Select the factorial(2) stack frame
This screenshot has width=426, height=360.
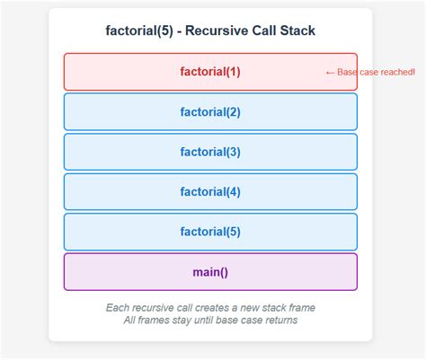coord(210,112)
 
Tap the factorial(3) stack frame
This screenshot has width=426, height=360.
coord(210,152)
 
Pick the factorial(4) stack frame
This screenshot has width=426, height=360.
coord(210,191)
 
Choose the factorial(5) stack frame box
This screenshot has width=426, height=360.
coord(210,232)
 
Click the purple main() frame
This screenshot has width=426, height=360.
coord(210,272)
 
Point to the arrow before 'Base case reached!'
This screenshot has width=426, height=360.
coord(329,72)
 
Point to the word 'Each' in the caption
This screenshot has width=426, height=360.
coord(119,308)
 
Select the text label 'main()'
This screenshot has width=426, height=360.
coord(210,272)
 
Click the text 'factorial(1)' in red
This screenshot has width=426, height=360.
coord(210,72)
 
